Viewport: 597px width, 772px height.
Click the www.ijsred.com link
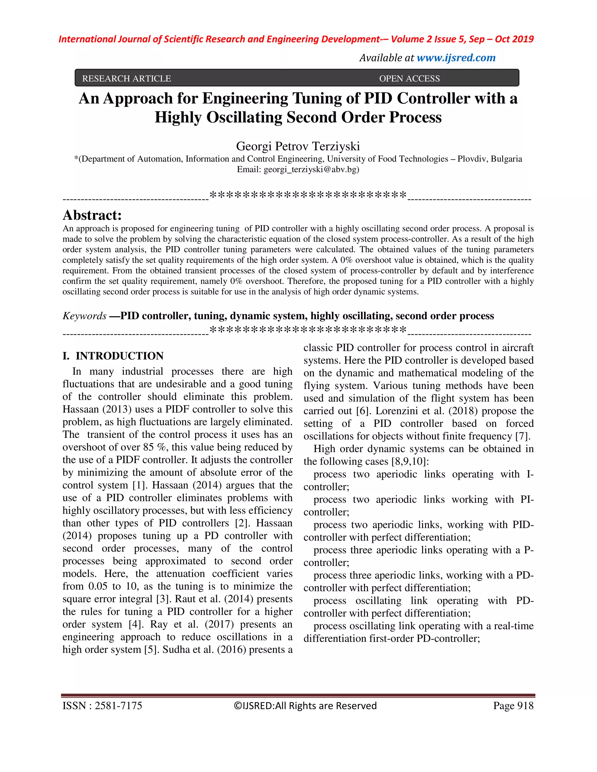(456, 58)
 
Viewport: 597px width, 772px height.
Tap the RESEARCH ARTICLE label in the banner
(126, 78)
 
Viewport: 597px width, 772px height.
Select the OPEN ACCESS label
(409, 78)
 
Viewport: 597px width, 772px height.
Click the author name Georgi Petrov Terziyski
(298, 146)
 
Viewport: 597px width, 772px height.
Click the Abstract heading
(92, 215)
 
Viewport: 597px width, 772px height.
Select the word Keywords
(84, 316)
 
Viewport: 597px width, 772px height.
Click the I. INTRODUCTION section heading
(113, 356)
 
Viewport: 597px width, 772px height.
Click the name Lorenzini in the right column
(396, 411)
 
